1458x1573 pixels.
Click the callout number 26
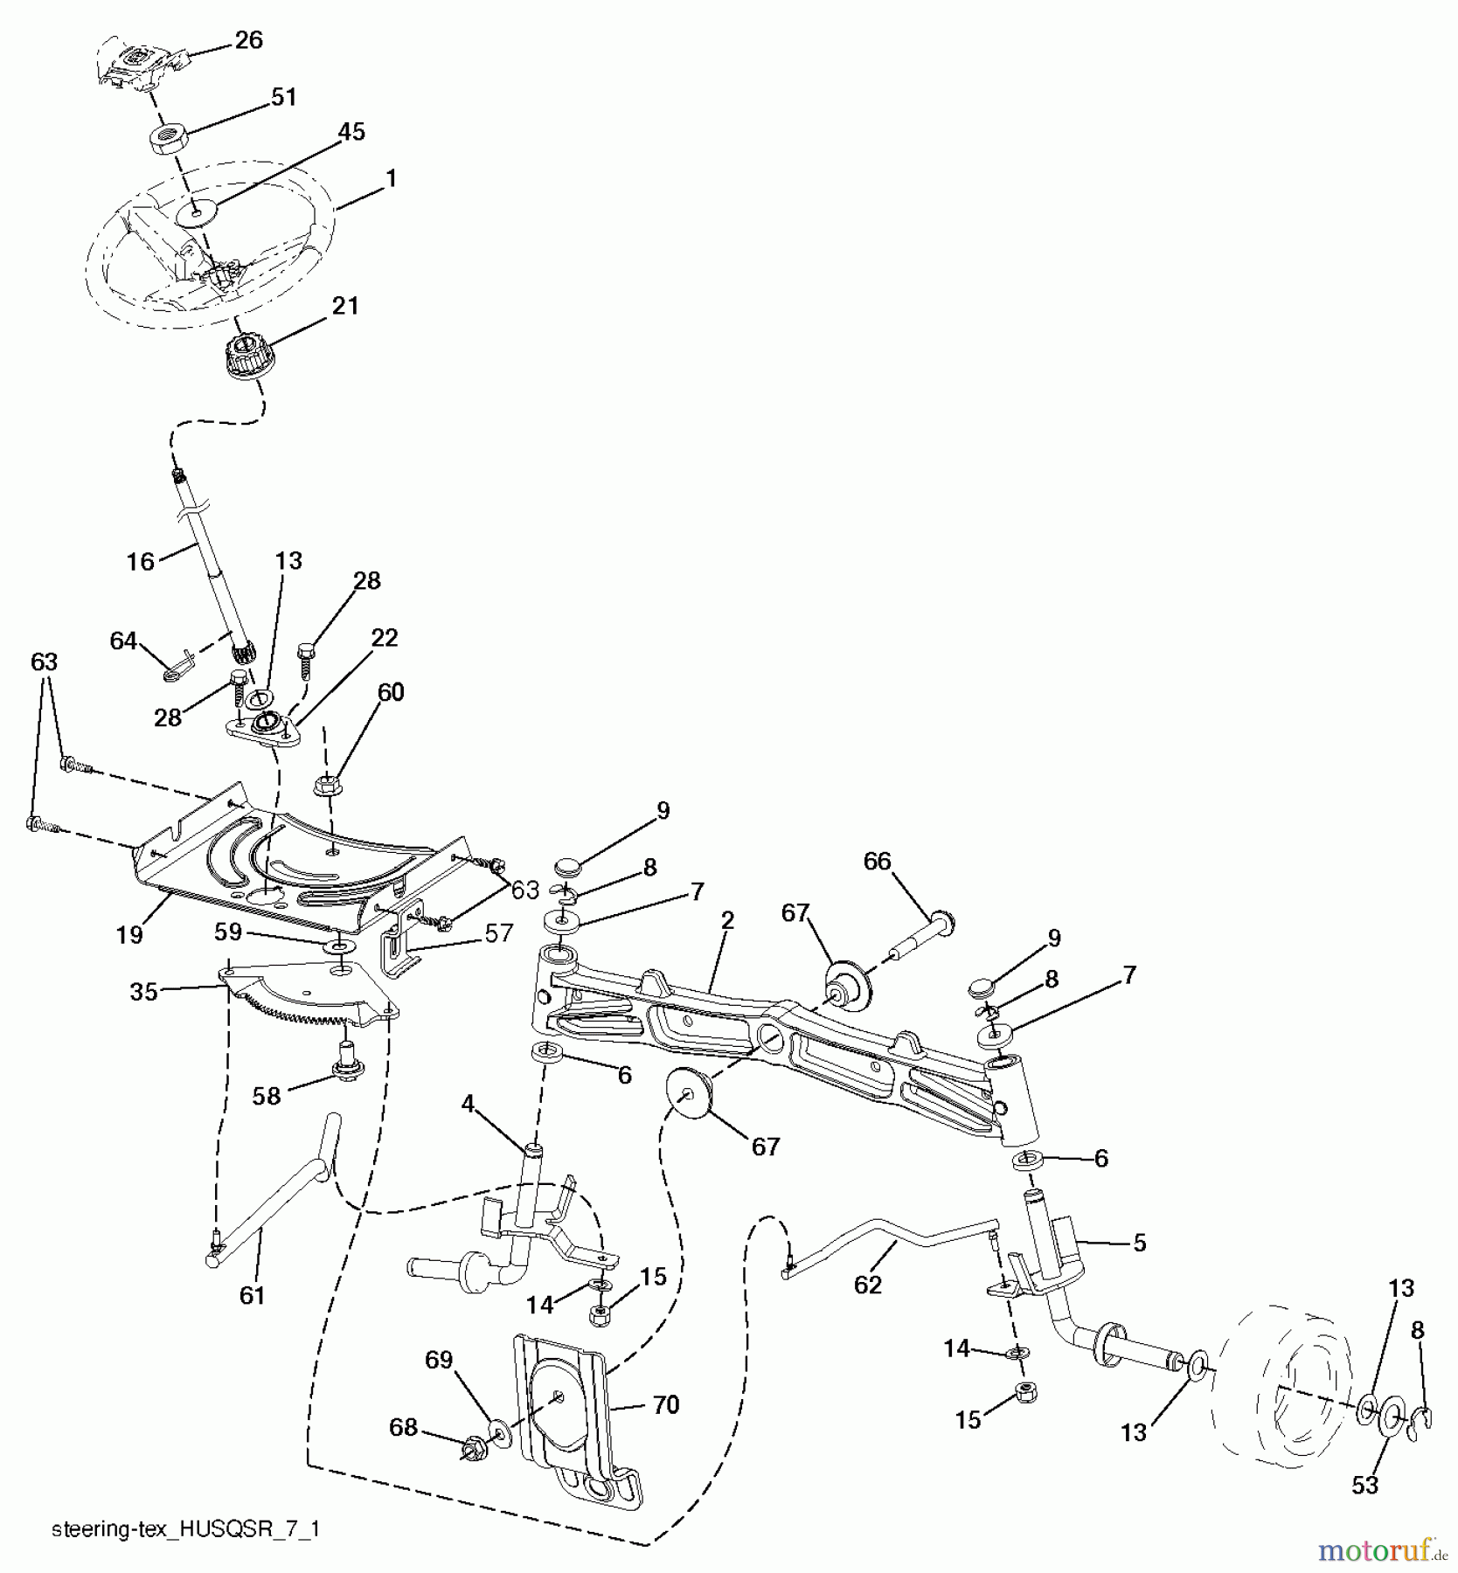coord(249,40)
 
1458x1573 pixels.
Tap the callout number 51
coord(284,97)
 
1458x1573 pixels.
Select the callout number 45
coord(351,132)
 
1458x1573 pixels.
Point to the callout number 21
coord(346,306)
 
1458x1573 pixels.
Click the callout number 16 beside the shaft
coord(140,562)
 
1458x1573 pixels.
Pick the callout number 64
coord(123,641)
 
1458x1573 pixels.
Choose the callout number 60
coord(391,692)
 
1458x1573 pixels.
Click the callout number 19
coord(129,935)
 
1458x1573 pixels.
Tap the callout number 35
coord(144,992)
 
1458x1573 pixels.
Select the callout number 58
coord(267,1096)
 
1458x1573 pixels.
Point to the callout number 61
coord(252,1295)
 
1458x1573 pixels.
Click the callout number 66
coord(877,862)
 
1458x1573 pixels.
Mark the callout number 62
coord(868,1285)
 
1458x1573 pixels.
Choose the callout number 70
coord(666,1405)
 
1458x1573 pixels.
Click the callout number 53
coord(1364,1485)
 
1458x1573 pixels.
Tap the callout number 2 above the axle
coord(727,920)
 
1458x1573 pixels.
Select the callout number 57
coord(499,933)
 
